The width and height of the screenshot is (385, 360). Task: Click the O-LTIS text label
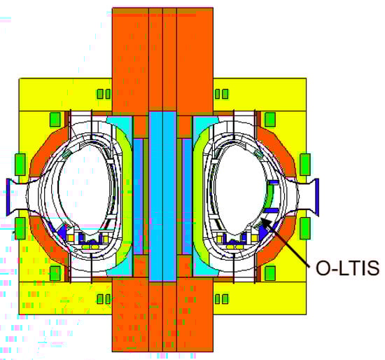pyautogui.click(x=347, y=268)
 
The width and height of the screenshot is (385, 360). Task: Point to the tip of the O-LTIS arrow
pyautogui.click(x=261, y=218)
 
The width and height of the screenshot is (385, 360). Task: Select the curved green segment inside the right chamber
pyautogui.click(x=269, y=196)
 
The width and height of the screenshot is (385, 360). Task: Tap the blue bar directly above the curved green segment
pyautogui.click(x=273, y=182)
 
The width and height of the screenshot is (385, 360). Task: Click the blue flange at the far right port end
pyautogui.click(x=316, y=197)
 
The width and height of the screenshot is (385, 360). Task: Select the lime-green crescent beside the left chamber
pyautogui.click(x=124, y=194)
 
